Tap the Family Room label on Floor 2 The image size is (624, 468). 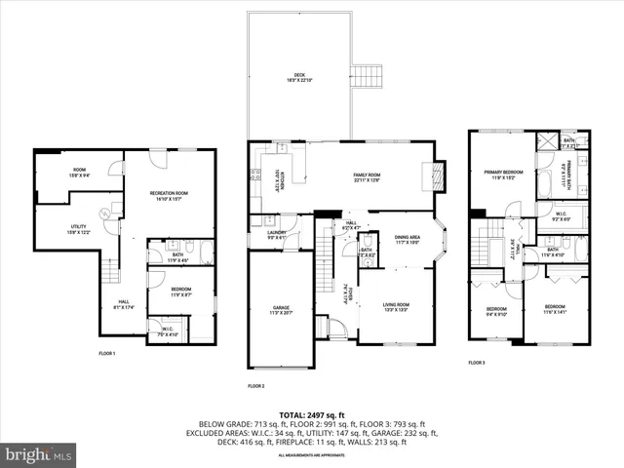coord(366,177)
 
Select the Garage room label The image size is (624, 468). coord(281,312)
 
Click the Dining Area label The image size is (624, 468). coord(408,240)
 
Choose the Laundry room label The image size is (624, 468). coord(277,234)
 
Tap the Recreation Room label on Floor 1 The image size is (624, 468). coord(169,195)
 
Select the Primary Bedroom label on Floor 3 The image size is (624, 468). coord(502,175)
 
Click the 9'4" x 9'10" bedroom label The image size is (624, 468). coord(497,312)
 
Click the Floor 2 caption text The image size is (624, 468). coord(255,386)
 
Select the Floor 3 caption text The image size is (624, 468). coord(476,362)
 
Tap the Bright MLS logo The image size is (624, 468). coord(39,454)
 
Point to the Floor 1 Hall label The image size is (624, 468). coord(124,304)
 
